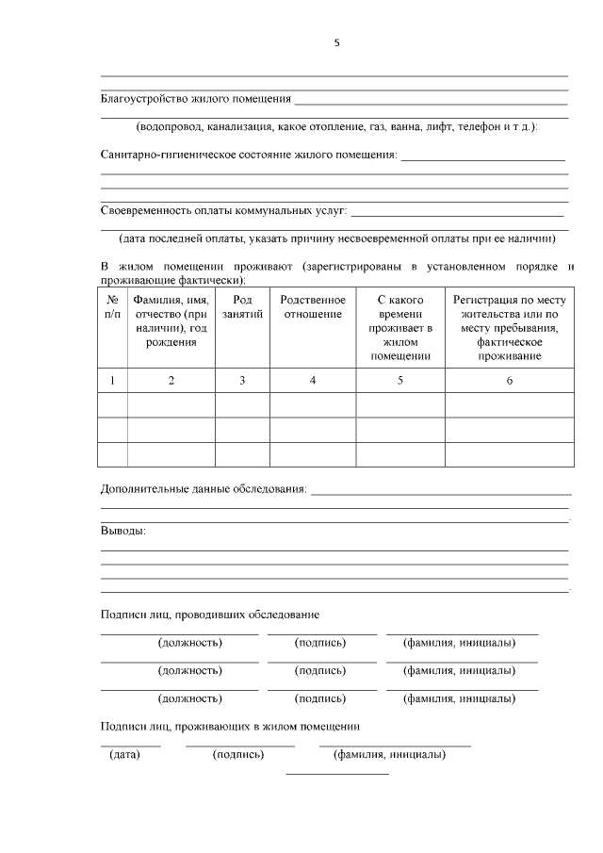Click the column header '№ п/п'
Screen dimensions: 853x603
coord(112,307)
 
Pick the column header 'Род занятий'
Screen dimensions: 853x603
coord(242,307)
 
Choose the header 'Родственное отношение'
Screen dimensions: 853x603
coord(313,307)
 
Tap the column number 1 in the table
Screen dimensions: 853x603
coord(112,381)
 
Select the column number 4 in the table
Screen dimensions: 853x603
coord(313,381)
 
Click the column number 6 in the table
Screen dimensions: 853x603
coord(509,381)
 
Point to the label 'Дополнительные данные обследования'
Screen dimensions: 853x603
coord(204,489)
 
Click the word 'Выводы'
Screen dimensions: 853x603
coord(122,531)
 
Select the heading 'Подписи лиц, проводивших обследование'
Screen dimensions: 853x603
coord(209,615)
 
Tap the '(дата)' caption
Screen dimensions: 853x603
coord(124,755)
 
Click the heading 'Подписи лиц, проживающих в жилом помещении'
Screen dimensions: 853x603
coord(230,727)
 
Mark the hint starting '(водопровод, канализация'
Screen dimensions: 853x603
coord(335,126)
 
